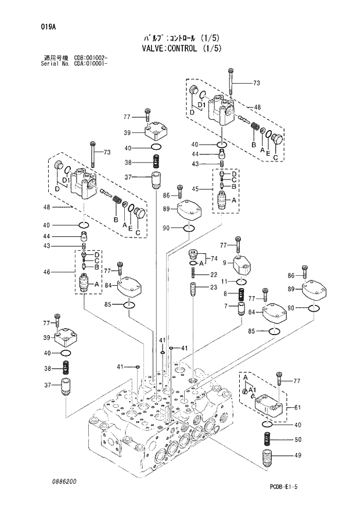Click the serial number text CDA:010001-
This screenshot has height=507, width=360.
pos(90,63)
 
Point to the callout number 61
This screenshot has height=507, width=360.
pos(298,408)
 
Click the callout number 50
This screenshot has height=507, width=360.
pos(298,439)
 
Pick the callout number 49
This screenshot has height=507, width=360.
pos(298,456)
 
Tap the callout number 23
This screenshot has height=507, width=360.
pos(214,287)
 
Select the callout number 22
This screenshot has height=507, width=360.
pos(214,275)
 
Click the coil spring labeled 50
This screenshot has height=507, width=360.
pos(267,439)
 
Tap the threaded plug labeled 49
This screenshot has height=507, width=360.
pos(267,456)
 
